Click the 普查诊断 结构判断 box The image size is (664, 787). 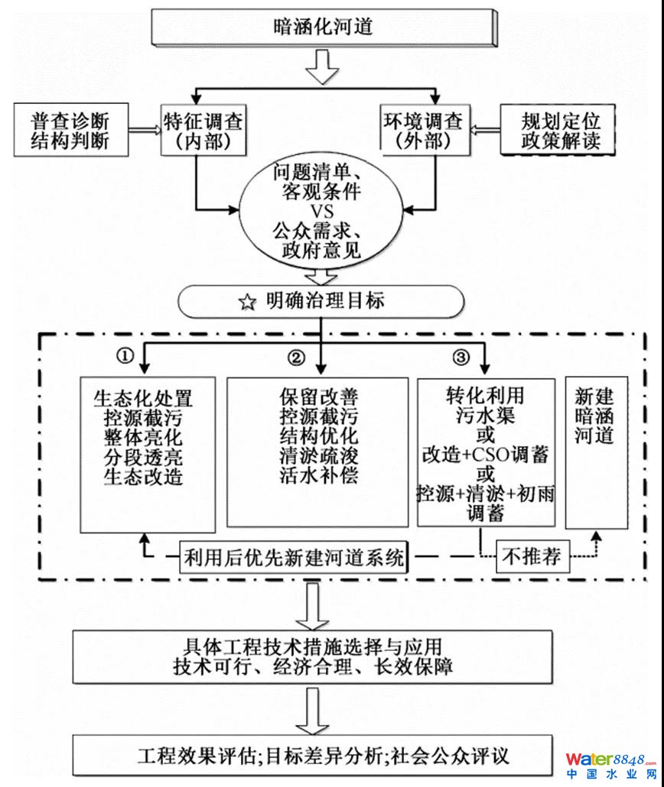(70, 131)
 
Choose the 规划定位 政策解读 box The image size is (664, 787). (561, 131)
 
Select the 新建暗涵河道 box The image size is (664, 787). (594, 451)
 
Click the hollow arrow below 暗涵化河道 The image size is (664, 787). (322, 71)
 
